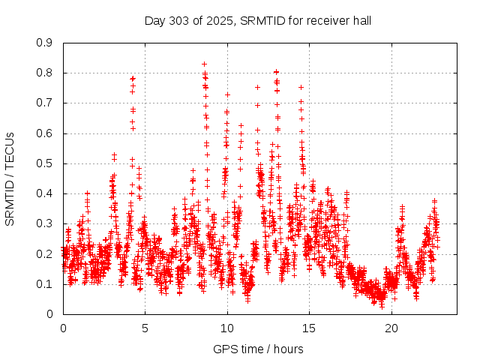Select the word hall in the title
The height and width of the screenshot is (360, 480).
click(360, 20)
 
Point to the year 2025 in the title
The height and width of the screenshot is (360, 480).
click(218, 20)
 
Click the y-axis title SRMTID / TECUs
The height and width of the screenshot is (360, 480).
click(10, 178)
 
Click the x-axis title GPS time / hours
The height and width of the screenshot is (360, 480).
click(258, 349)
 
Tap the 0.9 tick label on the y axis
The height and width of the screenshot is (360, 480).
click(46, 43)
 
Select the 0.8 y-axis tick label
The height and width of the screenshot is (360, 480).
click(46, 73)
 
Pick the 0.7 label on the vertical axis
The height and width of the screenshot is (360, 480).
click(46, 103)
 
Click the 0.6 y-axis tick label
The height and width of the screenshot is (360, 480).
click(46, 133)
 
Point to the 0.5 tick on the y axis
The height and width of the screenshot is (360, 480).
click(46, 163)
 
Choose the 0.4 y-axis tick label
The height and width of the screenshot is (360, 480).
click(46, 193)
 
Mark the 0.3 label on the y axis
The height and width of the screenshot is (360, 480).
click(46, 223)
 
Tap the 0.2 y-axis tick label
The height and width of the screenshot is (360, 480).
click(46, 253)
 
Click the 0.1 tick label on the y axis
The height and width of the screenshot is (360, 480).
click(46, 284)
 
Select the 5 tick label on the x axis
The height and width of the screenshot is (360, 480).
click(145, 328)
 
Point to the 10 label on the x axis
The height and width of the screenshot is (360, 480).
click(227, 328)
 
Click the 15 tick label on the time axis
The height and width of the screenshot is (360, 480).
click(309, 328)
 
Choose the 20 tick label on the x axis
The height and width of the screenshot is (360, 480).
click(391, 328)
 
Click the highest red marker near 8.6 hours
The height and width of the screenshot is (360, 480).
click(204, 64)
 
